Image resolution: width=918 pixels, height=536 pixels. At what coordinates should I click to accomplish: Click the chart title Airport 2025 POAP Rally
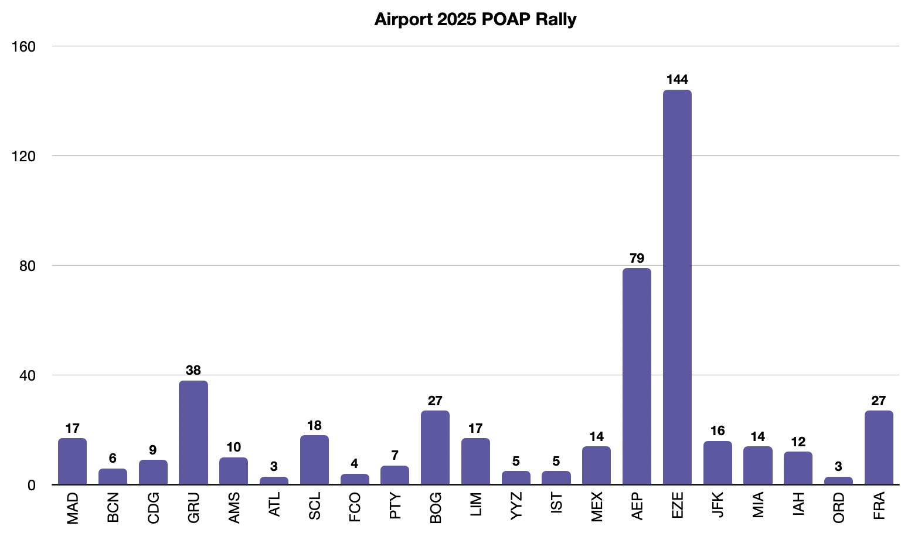[x=475, y=19]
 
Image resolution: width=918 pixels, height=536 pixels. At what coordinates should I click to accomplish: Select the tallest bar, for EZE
[x=677, y=287]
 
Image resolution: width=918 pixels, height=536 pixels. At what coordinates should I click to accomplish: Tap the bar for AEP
[x=637, y=376]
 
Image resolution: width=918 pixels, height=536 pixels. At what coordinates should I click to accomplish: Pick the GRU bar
[x=193, y=432]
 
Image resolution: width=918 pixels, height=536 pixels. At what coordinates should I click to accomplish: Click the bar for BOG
[x=435, y=447]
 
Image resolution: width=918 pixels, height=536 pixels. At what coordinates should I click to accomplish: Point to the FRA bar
[x=879, y=447]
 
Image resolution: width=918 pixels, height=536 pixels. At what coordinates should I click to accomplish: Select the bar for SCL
[x=314, y=460]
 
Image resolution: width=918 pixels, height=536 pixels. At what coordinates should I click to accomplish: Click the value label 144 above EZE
[x=677, y=80]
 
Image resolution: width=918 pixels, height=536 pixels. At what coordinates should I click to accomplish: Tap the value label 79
[x=637, y=258]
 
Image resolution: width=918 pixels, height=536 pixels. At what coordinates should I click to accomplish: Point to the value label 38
[x=193, y=371]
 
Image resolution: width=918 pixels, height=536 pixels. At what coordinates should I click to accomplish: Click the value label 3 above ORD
[x=838, y=467]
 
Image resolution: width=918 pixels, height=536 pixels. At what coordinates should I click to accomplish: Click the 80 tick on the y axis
[x=28, y=266]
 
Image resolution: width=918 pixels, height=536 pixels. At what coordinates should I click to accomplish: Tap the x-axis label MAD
[x=73, y=508]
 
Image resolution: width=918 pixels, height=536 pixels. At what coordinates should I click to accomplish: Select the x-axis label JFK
[x=718, y=506]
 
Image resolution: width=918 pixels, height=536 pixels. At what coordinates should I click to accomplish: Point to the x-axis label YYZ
[x=516, y=506]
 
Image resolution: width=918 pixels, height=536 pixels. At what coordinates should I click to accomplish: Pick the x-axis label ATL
[x=274, y=505]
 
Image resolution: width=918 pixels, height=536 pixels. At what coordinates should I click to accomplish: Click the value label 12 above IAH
[x=798, y=442]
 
